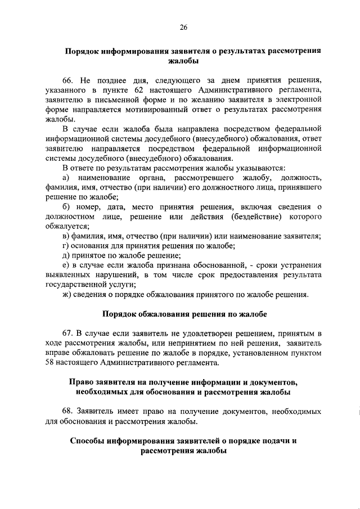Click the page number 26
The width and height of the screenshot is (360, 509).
click(183, 27)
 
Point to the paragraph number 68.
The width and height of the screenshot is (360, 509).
click(69, 412)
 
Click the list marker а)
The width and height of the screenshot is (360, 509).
click(66, 178)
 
